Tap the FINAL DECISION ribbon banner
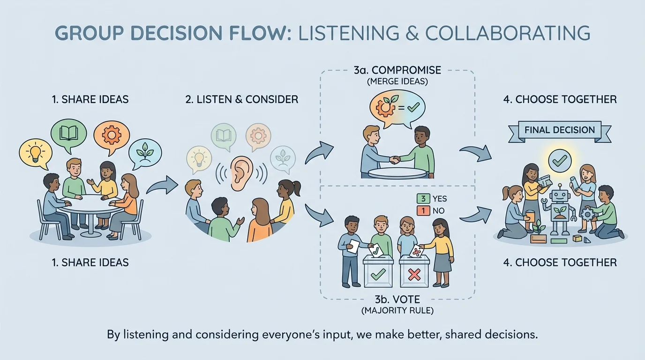[x=559, y=130]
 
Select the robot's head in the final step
[x=559, y=194]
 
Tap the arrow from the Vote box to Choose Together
[x=475, y=213]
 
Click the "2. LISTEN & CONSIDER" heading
[x=242, y=99]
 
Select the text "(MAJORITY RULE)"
[x=398, y=310]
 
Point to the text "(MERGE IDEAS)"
[x=397, y=81]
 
